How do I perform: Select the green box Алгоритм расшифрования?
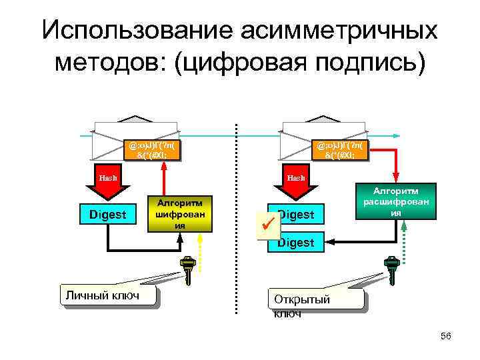[x=395, y=201]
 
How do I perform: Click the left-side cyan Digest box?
[x=108, y=215]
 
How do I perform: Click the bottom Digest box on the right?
[x=296, y=243]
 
